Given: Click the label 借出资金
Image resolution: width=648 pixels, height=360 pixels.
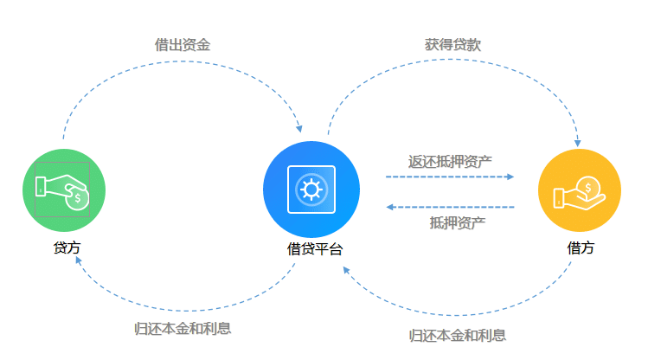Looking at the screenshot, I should pos(182,44).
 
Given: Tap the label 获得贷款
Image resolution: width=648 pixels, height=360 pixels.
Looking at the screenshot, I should pos(452,44).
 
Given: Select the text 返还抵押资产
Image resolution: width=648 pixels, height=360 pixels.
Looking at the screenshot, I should pos(450,161).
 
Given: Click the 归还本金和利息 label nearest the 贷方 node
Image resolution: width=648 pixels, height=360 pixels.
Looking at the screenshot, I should pos(183,329).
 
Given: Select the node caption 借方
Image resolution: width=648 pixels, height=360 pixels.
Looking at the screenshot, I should pos(581,247).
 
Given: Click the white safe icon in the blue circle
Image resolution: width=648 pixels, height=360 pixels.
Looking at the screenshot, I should pos(311,189).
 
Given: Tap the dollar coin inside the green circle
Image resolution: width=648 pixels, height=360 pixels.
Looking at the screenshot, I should pos(77,198).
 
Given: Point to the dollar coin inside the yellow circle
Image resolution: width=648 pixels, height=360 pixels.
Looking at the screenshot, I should pos(587,186).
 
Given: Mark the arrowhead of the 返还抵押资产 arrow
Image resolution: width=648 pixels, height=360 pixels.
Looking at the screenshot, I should pos(510,177).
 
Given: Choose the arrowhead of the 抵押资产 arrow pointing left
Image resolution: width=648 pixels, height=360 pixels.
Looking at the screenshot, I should pos(391,207).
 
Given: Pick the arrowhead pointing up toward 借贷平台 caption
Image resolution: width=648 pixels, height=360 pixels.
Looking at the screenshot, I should pos(345,270).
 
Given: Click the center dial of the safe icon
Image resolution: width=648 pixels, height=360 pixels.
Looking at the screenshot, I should pos(311,189).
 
